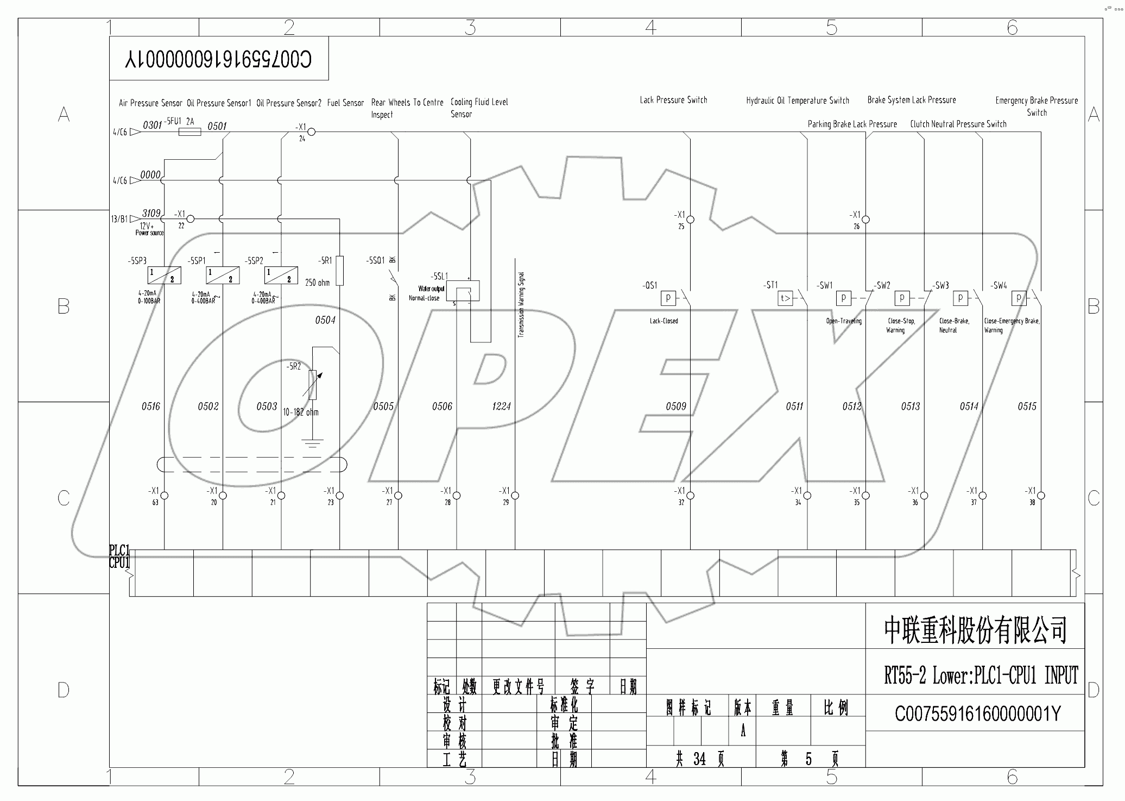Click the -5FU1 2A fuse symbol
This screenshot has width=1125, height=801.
click(189, 132)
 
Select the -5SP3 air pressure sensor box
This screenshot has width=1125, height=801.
click(164, 276)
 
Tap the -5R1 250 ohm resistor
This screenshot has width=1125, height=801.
click(339, 271)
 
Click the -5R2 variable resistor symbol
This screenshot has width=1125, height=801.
click(313, 384)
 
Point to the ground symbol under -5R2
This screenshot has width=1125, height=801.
click(312, 443)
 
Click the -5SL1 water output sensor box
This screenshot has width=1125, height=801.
click(463, 291)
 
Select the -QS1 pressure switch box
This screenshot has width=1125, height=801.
click(668, 298)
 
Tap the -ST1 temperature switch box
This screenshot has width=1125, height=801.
click(785, 298)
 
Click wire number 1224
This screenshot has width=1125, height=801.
click(501, 406)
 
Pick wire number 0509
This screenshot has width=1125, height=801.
click(676, 406)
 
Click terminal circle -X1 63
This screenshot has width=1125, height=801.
click(165, 496)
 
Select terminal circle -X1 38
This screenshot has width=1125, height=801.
click(1041, 496)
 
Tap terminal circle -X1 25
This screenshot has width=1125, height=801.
click(690, 220)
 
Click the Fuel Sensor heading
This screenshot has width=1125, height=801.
click(345, 103)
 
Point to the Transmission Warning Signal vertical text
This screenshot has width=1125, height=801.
click(521, 305)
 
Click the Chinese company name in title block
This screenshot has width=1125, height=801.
click(975, 630)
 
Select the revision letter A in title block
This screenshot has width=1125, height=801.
click(743, 731)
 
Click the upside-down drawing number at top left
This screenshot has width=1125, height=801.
click(219, 59)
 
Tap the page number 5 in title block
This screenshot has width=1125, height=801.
click(808, 759)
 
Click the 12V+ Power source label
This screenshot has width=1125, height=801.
click(149, 229)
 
